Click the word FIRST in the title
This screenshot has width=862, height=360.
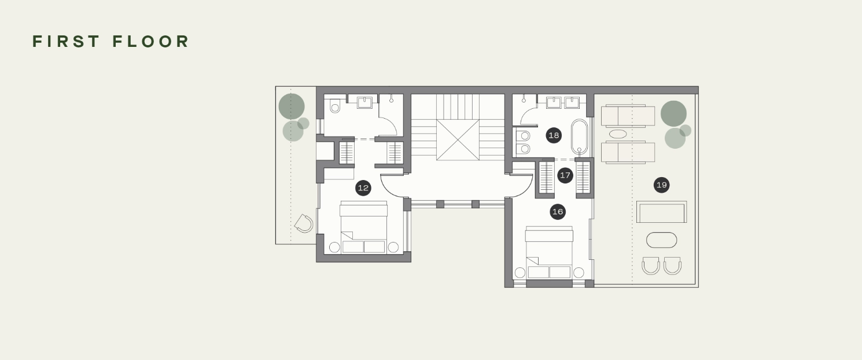pos(66,42)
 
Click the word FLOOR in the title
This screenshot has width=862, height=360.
pos(151,42)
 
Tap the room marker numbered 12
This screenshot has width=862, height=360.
pos(363,188)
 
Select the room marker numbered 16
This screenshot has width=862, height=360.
pos(558,212)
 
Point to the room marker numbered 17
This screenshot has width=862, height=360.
pos(565,175)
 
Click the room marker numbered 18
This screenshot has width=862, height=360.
pos(554,135)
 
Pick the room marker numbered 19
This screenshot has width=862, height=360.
pos(661,185)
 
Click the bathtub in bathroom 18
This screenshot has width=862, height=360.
pos(580,137)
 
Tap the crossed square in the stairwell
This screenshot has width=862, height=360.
pos(458,139)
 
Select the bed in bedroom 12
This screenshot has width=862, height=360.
pos(364,227)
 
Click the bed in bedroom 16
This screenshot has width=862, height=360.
pos(549,252)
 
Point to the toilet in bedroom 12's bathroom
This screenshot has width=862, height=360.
pos(335,106)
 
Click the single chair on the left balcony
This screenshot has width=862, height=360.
pos(304,224)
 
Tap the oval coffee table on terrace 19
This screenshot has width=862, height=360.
pos(661,240)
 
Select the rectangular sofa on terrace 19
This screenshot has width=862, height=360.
pos(661,212)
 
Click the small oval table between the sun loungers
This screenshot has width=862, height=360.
pos(618,134)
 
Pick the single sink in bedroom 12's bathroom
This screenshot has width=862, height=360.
pos(364,103)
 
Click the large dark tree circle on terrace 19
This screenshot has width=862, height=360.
pos(673,113)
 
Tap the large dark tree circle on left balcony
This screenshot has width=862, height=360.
pos(292,106)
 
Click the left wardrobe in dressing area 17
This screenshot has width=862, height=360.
pos(547,178)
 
